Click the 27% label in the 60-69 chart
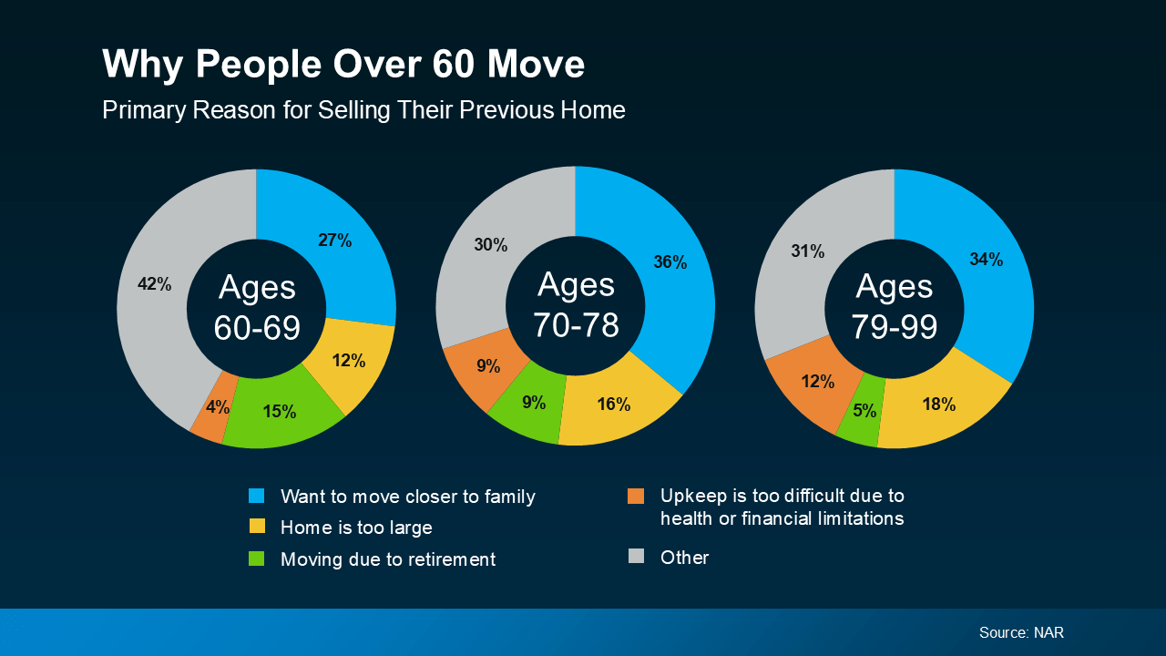coord(334,241)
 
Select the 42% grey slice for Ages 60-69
coord(155,284)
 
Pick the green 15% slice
coord(279,411)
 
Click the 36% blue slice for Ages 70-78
coord(670,262)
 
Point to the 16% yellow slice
coord(613,404)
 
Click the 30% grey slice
coord(490,245)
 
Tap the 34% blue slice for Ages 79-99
coord(986,260)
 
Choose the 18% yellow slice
coord(937,405)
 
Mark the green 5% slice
coord(864,411)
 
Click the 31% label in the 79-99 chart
coord(807,251)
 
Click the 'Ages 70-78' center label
coord(576,304)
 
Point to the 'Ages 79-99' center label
coord(895,306)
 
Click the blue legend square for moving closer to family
coord(257,497)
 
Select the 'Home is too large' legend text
coord(356,528)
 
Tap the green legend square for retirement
coord(257,559)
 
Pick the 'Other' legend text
coord(684,558)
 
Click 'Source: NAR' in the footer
coord(1021,632)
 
